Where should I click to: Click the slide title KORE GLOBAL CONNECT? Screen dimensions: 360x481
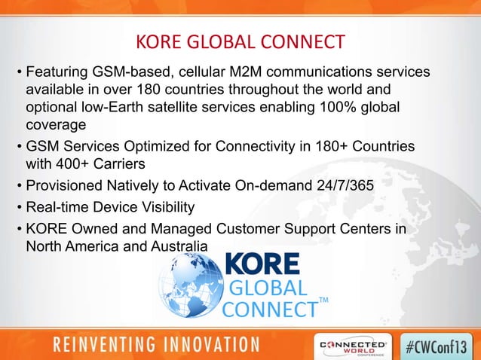(240, 40)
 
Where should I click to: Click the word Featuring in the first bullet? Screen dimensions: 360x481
(55, 74)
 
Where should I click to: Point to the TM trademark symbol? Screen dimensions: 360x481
(324, 301)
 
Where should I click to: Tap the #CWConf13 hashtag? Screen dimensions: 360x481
(439, 343)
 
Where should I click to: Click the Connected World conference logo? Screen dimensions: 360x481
(354, 343)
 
